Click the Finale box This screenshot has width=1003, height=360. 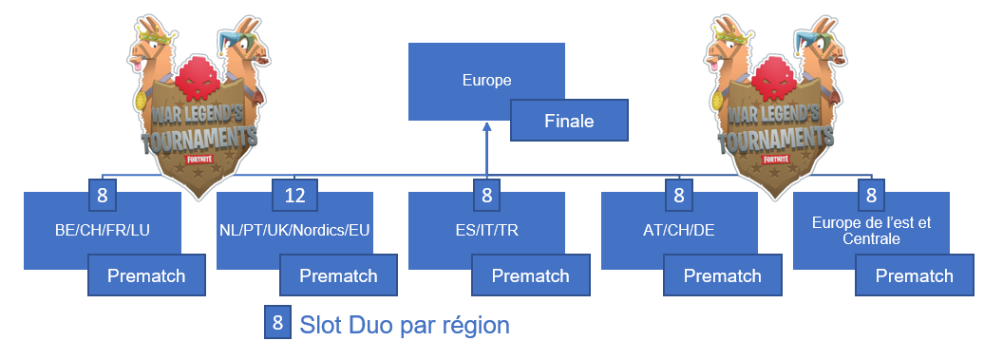pos(570,121)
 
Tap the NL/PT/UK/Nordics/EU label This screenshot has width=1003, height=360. pos(294,231)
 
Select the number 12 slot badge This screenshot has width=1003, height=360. pos(294,197)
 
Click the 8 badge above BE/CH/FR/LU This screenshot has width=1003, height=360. pos(103,197)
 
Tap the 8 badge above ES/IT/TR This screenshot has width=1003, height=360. pos(487,197)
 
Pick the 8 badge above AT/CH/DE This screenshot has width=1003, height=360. pos(679,197)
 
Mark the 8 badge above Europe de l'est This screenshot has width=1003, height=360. pos(871,197)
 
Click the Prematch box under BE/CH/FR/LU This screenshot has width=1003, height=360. pos(146,275)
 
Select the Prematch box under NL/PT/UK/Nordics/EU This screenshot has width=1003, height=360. pos(338,275)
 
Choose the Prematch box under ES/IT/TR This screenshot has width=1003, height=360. pos(530,275)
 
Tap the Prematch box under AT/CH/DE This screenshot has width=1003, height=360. pos(722,275)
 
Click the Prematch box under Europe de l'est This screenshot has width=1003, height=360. pos(914,275)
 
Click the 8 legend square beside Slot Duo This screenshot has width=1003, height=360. pos(277,323)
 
